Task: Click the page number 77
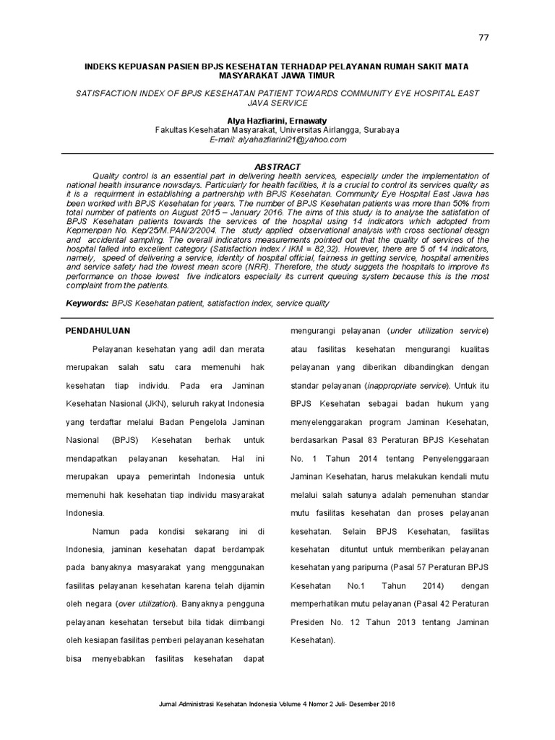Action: tap(483, 38)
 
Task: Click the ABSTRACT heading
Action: tap(277, 167)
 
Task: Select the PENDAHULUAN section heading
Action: tap(98, 330)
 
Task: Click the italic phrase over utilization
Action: tap(146, 602)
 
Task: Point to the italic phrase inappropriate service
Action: tap(407, 385)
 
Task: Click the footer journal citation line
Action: tap(277, 704)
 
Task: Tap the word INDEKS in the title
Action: tap(103, 66)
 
